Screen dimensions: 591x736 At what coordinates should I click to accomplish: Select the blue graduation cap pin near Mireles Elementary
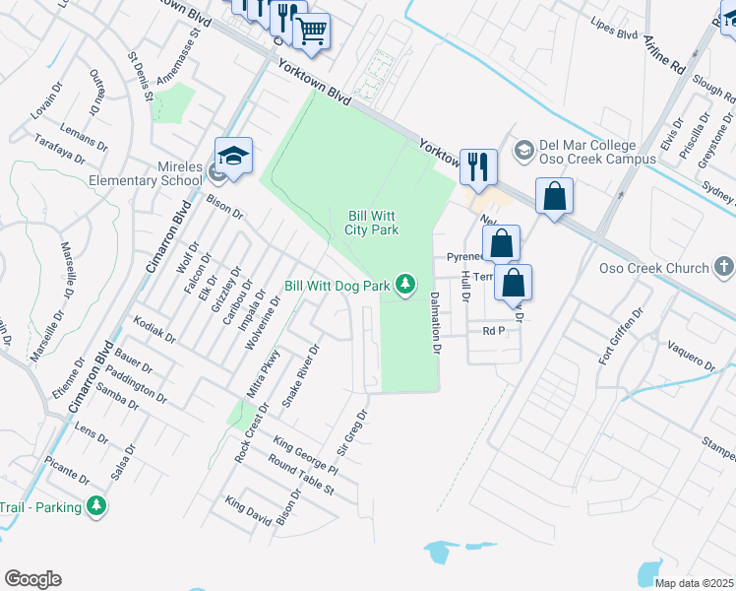point(234,157)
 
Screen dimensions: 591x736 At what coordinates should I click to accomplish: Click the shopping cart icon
point(312,32)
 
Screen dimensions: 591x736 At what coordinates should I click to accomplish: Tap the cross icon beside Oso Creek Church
point(723,267)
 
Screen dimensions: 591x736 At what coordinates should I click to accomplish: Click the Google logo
point(32,578)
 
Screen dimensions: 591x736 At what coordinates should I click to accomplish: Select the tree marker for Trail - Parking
point(95,505)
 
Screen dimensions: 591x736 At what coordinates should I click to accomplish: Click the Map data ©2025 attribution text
point(694,583)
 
